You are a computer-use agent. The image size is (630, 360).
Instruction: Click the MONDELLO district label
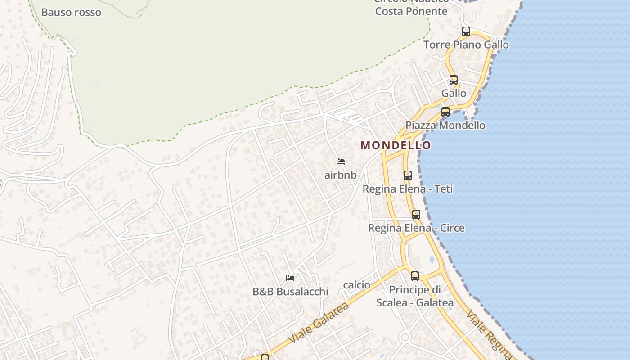(396, 145)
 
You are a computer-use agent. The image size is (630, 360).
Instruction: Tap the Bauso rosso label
(71, 12)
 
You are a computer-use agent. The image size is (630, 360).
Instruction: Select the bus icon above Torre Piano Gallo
(466, 31)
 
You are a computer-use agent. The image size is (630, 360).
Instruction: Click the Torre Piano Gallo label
(466, 45)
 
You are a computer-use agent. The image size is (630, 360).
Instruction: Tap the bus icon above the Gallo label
(454, 80)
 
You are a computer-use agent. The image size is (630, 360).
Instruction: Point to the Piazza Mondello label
(445, 125)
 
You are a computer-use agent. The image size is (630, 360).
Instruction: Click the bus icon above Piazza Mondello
(445, 112)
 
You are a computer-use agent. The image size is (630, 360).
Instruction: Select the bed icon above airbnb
(341, 162)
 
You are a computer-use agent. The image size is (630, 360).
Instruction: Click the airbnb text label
(341, 175)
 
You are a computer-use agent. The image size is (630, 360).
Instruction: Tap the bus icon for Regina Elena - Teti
(408, 175)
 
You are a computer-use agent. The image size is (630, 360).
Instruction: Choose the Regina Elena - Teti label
(408, 189)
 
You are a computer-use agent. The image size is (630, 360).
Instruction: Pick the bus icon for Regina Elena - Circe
(416, 215)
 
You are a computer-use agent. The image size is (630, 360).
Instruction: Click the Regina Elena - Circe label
(416, 228)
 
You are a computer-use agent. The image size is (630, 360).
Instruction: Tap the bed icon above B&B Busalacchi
(290, 278)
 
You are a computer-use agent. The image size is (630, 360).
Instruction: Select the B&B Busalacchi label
(290, 292)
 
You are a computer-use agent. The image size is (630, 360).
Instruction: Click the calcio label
(357, 285)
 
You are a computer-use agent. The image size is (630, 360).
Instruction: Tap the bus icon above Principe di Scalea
(415, 276)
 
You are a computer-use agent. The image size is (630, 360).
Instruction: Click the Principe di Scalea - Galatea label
(415, 296)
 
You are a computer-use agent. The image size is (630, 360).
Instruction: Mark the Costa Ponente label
(411, 11)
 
